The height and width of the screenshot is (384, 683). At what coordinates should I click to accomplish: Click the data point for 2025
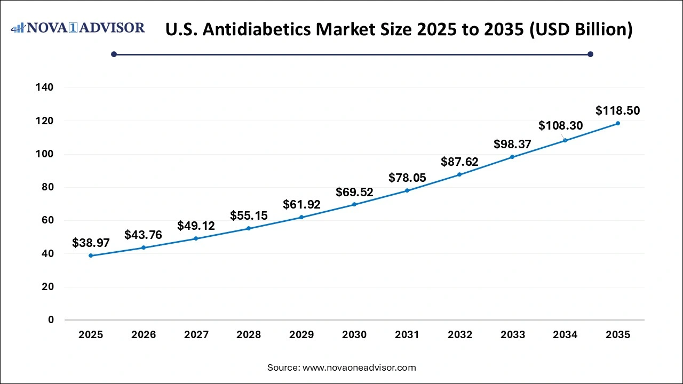pyautogui.click(x=91, y=255)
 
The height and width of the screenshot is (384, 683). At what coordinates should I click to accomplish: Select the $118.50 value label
pyautogui.click(x=617, y=111)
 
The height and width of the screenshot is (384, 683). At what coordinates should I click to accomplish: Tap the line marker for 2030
pyautogui.click(x=354, y=204)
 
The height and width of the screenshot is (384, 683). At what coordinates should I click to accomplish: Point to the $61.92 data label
pyautogui.click(x=301, y=204)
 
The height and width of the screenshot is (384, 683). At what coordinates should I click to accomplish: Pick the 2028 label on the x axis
pyautogui.click(x=249, y=335)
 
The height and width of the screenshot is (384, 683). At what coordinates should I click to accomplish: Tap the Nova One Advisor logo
pyautogui.click(x=78, y=28)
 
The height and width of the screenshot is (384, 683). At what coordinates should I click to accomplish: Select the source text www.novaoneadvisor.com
pyautogui.click(x=359, y=367)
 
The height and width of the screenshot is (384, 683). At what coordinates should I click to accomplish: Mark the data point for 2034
pyautogui.click(x=565, y=140)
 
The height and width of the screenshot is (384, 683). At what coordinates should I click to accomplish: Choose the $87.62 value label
pyautogui.click(x=459, y=162)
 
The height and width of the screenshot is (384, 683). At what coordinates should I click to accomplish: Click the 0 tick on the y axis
pyautogui.click(x=51, y=320)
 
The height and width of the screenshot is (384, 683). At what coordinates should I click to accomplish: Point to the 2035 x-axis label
pyautogui.click(x=618, y=335)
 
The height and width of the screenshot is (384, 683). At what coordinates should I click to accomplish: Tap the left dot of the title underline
pyautogui.click(x=114, y=54)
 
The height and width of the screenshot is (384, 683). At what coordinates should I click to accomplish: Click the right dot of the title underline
pyautogui.click(x=590, y=54)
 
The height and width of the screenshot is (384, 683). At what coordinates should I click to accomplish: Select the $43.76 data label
pyautogui.click(x=143, y=235)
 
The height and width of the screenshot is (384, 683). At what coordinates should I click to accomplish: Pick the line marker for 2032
pyautogui.click(x=459, y=174)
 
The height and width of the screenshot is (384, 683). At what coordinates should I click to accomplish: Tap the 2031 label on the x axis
pyautogui.click(x=407, y=335)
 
